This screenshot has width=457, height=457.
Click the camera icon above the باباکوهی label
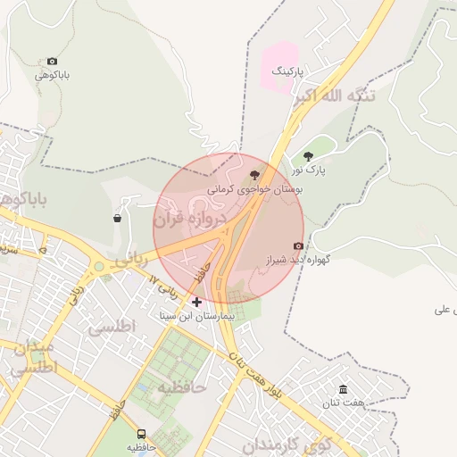coord(53,61)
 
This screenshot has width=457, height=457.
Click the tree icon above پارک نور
coord(309,156)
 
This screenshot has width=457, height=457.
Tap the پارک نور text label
coord(310,169)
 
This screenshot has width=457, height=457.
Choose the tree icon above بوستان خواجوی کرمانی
coord(255,176)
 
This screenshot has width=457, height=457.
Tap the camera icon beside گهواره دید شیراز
coord(298,246)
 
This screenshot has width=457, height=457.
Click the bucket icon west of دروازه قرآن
coord(118,218)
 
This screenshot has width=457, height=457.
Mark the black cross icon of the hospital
coord(196,303)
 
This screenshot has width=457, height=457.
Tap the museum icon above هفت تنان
coord(344,389)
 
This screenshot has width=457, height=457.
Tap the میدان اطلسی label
coord(33,356)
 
